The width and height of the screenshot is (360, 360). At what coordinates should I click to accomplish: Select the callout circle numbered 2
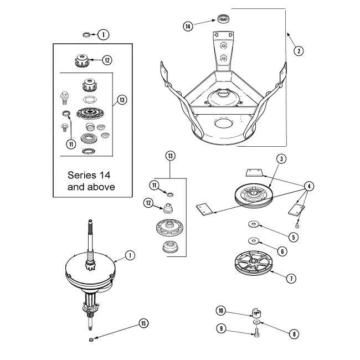click(299, 51)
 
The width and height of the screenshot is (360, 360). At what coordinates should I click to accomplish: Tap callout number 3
click(281, 160)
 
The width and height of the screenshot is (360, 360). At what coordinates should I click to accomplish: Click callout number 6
click(282, 251)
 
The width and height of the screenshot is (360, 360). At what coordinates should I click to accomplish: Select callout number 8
click(294, 333)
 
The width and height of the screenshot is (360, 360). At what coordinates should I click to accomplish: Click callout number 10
click(220, 311)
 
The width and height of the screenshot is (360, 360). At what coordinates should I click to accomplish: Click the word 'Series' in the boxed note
click(82, 174)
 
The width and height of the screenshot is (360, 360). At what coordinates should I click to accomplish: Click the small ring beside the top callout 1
click(86, 35)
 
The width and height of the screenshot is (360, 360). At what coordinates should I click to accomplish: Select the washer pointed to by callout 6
click(254, 240)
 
